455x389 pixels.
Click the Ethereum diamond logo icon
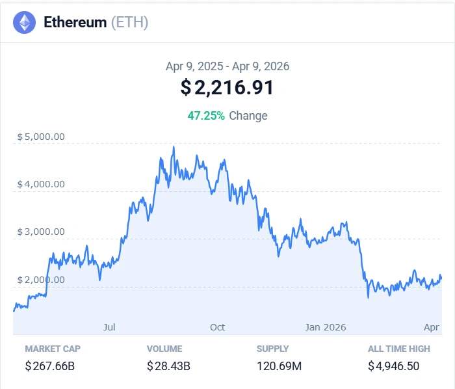click(x=25, y=23)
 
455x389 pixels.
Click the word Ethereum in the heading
click(x=75, y=23)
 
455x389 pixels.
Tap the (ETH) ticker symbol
click(x=129, y=23)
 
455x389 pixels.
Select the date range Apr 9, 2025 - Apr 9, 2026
click(x=227, y=66)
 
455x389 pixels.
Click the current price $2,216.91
click(x=227, y=88)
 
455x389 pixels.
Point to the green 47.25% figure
click(x=206, y=116)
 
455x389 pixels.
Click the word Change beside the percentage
click(x=248, y=116)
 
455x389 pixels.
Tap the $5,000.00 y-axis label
click(x=41, y=137)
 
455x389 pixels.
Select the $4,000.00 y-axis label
click(x=41, y=184)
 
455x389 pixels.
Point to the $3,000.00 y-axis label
click(x=41, y=232)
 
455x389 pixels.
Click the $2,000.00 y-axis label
click(x=41, y=280)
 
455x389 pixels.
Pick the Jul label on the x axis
click(x=109, y=327)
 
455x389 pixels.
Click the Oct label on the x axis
click(x=218, y=327)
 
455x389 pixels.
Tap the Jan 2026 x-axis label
click(x=326, y=327)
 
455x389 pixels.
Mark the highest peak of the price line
click(x=174, y=147)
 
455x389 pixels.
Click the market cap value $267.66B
click(x=50, y=366)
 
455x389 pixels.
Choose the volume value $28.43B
click(x=168, y=366)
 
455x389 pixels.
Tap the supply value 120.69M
click(x=279, y=366)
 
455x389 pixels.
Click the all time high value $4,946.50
click(x=393, y=366)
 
